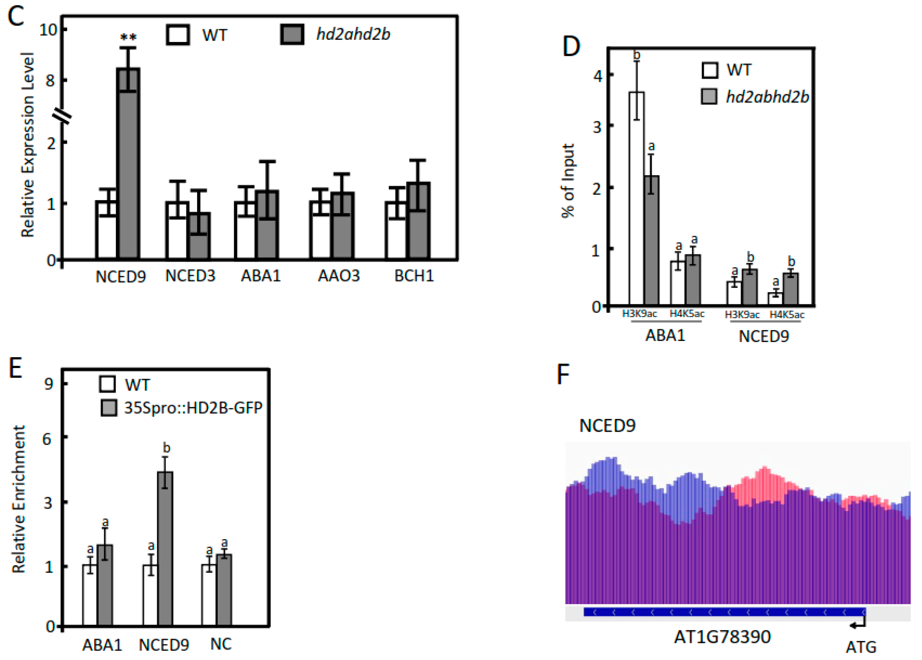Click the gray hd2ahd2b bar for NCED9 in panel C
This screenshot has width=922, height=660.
tap(128, 171)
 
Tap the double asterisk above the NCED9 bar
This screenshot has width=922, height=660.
tap(128, 38)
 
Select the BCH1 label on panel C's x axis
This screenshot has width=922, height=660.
tap(414, 276)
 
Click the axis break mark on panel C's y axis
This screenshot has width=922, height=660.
tap(62, 117)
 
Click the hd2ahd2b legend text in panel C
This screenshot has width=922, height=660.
tap(353, 34)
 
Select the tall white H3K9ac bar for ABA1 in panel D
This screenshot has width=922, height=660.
tap(636, 203)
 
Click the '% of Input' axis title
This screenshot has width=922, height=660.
tap(568, 181)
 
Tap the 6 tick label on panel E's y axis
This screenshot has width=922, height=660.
tap(48, 439)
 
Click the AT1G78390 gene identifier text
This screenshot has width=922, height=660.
tap(722, 637)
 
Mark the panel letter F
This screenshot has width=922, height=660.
tap(563, 374)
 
